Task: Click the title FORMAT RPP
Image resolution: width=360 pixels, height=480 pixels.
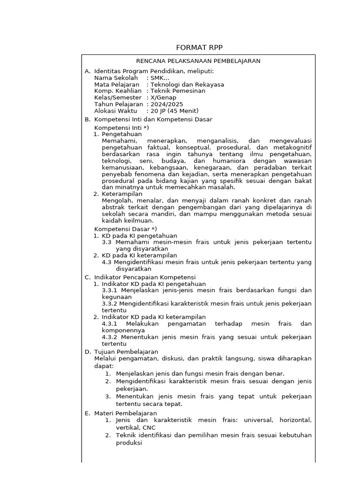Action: [x=199, y=48]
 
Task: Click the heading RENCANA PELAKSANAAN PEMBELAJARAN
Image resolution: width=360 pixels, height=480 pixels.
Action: [x=198, y=61]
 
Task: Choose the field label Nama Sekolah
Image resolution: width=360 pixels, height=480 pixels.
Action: [x=116, y=78]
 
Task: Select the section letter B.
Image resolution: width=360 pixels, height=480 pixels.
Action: [x=87, y=120]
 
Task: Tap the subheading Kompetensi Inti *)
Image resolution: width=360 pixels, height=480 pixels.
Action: [x=121, y=127]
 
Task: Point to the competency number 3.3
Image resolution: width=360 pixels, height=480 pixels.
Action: [x=106, y=242]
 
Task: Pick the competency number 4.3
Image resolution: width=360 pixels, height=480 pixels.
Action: [x=106, y=262]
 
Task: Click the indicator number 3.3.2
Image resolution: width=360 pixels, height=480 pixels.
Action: [x=110, y=304]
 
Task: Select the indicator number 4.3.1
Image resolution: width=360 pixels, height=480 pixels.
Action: [x=110, y=324]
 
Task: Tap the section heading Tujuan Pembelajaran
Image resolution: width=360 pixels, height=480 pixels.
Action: [x=126, y=352]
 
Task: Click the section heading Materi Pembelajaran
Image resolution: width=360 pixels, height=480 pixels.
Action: [x=126, y=413]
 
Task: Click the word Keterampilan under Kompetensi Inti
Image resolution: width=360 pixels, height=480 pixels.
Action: [x=122, y=194]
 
